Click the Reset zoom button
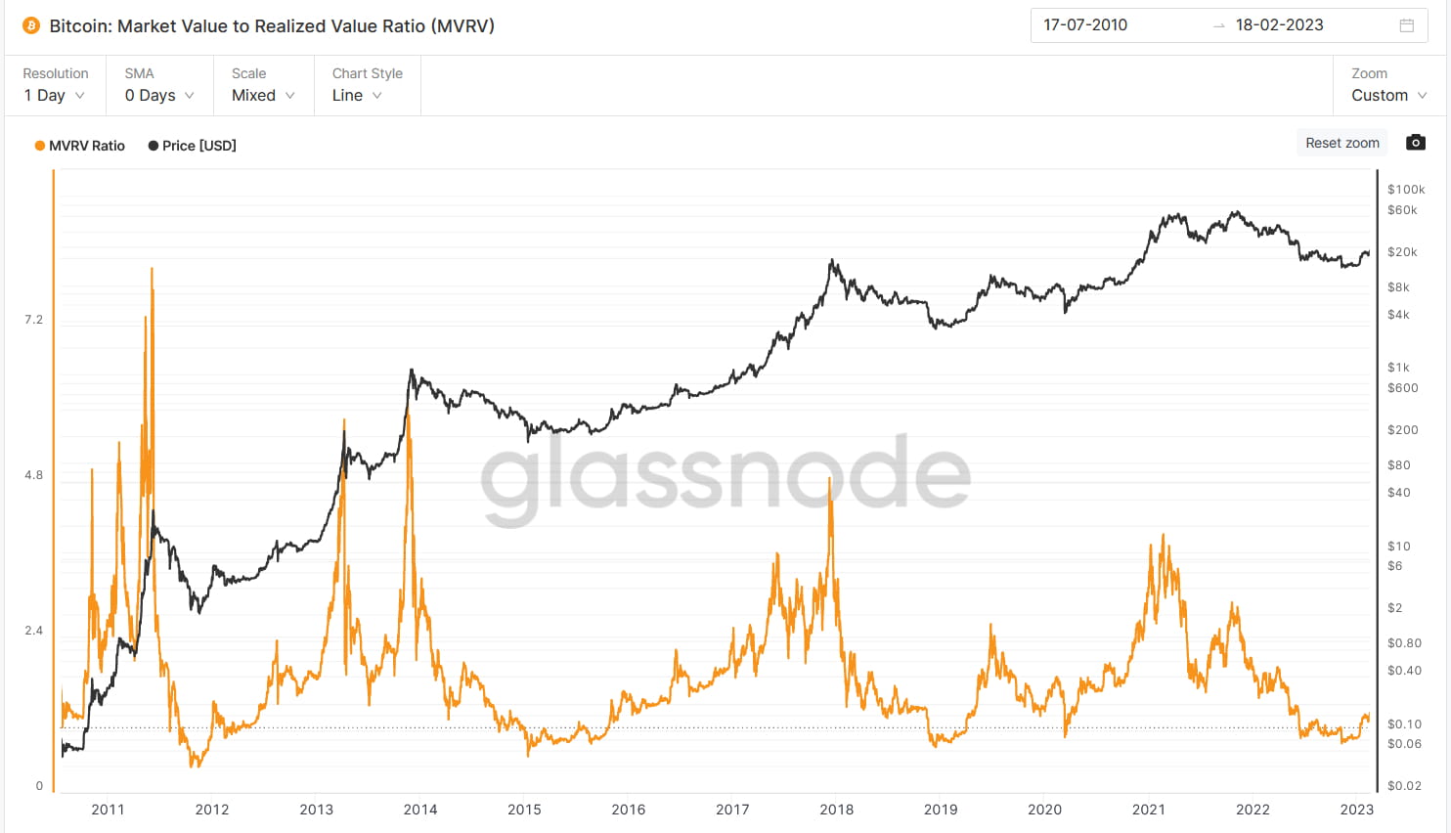(1341, 143)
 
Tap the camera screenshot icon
(1415, 143)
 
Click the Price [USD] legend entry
(193, 146)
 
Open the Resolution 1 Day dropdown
(55, 95)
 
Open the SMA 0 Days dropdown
(159, 95)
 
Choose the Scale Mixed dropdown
(263, 95)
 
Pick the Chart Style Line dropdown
(357, 95)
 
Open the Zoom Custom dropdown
(1388, 95)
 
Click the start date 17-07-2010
(1085, 25)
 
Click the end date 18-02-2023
(1279, 25)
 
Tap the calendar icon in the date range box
(1407, 25)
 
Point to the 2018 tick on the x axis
(836, 810)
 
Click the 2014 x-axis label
(420, 810)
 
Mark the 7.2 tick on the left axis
(33, 320)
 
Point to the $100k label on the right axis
(1406, 190)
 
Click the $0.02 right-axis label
(1404, 786)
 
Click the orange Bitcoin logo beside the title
(31, 25)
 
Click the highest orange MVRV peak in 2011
(152, 269)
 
